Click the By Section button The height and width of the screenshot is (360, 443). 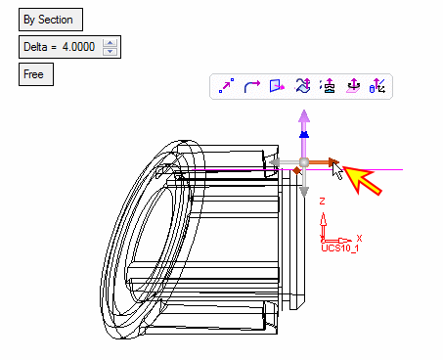point(51,20)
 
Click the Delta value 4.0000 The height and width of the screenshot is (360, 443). point(78,47)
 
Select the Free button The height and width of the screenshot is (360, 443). point(36,74)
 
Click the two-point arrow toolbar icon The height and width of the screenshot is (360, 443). point(226,86)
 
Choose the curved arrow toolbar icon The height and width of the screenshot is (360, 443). point(252,86)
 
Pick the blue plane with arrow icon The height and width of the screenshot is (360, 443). point(277,86)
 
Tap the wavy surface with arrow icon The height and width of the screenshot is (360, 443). point(302,86)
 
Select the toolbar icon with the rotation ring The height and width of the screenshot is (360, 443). point(353,86)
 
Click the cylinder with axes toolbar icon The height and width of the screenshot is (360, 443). point(377,86)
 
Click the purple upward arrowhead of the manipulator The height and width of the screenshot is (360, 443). point(304,116)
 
